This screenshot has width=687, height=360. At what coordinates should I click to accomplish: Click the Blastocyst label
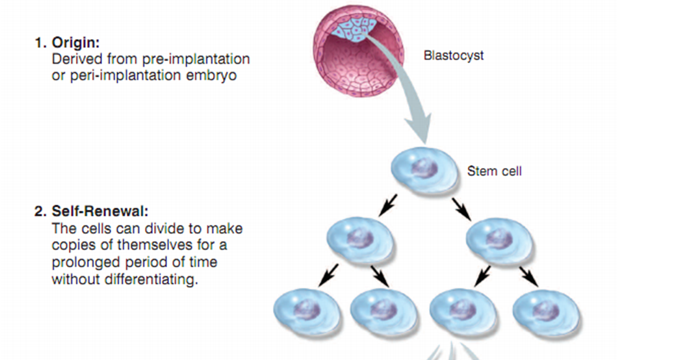pyautogui.click(x=453, y=55)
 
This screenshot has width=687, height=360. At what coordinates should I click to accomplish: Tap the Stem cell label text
pyautogui.click(x=494, y=172)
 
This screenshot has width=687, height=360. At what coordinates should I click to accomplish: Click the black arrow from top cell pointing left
pyautogui.click(x=389, y=204)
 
